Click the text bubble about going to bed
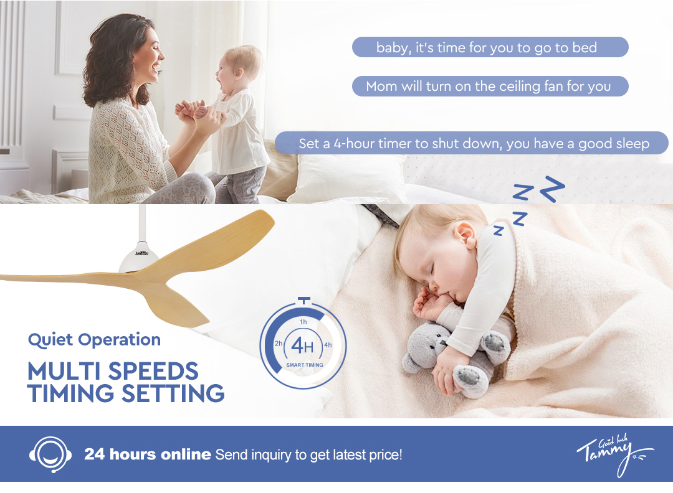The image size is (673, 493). pyautogui.click(x=490, y=47)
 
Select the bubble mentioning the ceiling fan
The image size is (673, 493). pyautogui.click(x=490, y=86)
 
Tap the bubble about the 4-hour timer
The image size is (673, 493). pyautogui.click(x=471, y=143)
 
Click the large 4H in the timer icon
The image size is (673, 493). pyautogui.click(x=303, y=345)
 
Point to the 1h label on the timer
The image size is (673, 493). pyautogui.click(x=303, y=322)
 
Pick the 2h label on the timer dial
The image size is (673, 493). pyautogui.click(x=279, y=344)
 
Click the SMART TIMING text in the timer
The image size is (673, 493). pyautogui.click(x=305, y=365)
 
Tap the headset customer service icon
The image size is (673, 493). pyautogui.click(x=50, y=454)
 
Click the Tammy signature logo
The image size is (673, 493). pyautogui.click(x=614, y=454)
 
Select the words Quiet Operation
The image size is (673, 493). pyautogui.click(x=95, y=339)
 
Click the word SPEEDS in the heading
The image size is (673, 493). pyautogui.click(x=153, y=371)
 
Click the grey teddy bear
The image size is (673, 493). pyautogui.click(x=455, y=358)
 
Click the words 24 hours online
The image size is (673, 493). pyautogui.click(x=147, y=454)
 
